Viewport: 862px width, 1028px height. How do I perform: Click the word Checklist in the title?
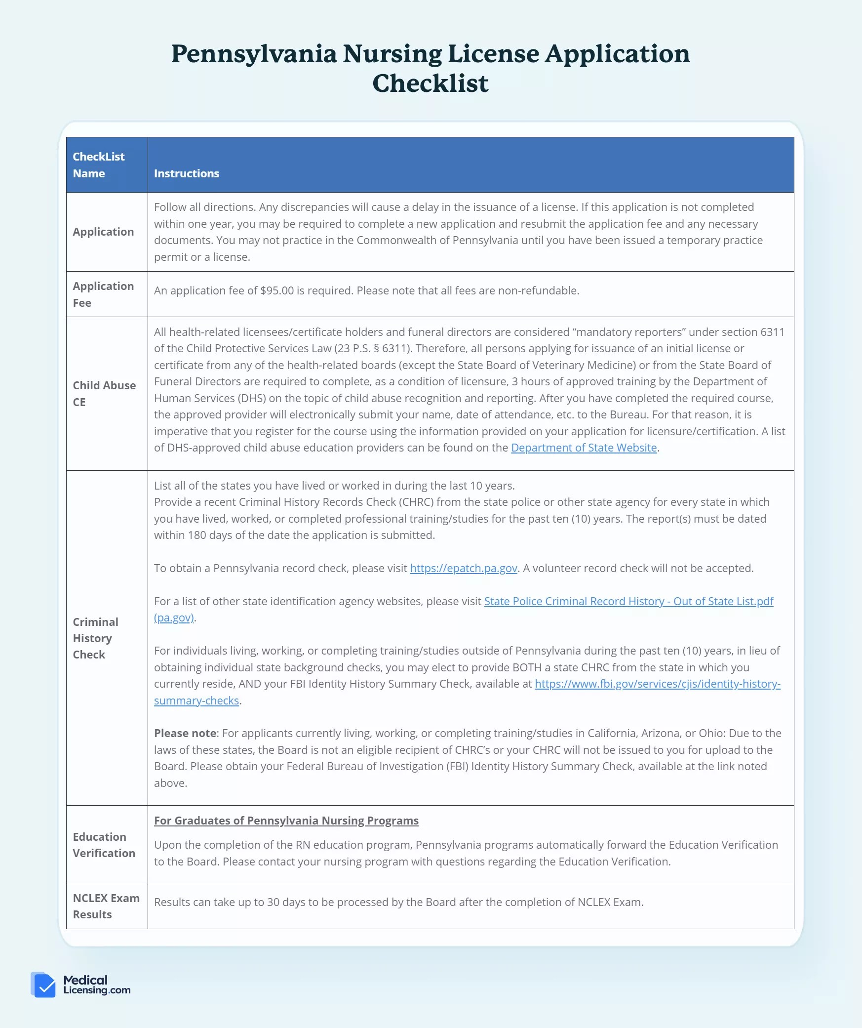(x=430, y=83)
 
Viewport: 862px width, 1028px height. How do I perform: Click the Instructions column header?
(x=186, y=173)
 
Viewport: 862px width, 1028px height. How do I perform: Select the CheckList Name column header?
(x=98, y=165)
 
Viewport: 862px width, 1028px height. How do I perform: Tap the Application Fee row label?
(x=103, y=294)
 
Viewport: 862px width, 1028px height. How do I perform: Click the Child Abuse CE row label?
(x=104, y=393)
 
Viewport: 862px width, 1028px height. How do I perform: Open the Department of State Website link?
(x=584, y=448)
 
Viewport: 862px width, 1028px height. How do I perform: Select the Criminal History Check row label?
(x=95, y=638)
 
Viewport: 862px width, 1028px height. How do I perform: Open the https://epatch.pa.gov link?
(x=463, y=568)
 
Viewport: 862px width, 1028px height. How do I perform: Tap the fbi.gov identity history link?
(x=657, y=684)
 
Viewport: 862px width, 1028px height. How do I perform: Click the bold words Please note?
(x=185, y=733)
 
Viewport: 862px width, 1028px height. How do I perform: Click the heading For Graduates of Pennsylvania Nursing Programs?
(x=286, y=821)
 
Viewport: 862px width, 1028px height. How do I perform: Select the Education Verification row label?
(x=103, y=845)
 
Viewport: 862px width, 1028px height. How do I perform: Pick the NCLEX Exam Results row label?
(x=106, y=906)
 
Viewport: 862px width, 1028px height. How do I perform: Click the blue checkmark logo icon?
(x=43, y=985)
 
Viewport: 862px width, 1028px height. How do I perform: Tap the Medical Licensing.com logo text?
(x=96, y=985)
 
